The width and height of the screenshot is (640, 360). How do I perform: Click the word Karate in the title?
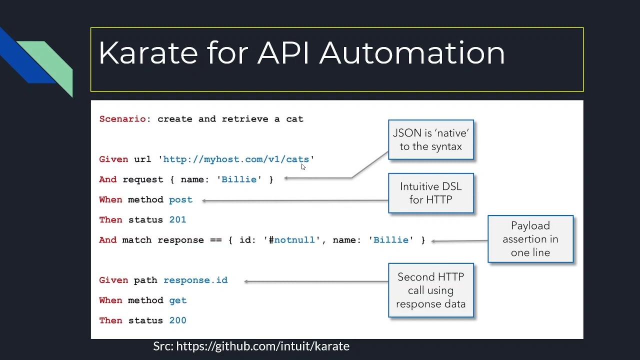148,53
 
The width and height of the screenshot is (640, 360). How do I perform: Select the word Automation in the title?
412,53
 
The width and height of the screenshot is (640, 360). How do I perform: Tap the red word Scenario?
122,119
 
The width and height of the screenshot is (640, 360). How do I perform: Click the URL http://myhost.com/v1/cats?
236,159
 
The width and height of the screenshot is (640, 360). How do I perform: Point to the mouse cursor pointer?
303,167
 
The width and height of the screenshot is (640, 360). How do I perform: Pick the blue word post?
180,200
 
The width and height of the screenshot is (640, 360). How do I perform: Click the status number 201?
177,219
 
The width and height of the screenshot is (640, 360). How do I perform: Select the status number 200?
177,320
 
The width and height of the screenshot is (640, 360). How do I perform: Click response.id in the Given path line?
195,280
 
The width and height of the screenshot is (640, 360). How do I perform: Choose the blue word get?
177,300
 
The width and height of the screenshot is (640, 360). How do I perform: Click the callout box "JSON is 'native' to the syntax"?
431,139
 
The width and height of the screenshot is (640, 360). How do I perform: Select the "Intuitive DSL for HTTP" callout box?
431,193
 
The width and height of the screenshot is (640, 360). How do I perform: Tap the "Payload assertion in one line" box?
530,239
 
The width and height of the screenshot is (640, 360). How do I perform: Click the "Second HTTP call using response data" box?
431,290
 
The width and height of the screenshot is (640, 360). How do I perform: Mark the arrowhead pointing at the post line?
203,201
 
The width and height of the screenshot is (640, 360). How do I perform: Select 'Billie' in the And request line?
239,179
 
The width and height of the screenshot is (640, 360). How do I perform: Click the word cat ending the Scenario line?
294,119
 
